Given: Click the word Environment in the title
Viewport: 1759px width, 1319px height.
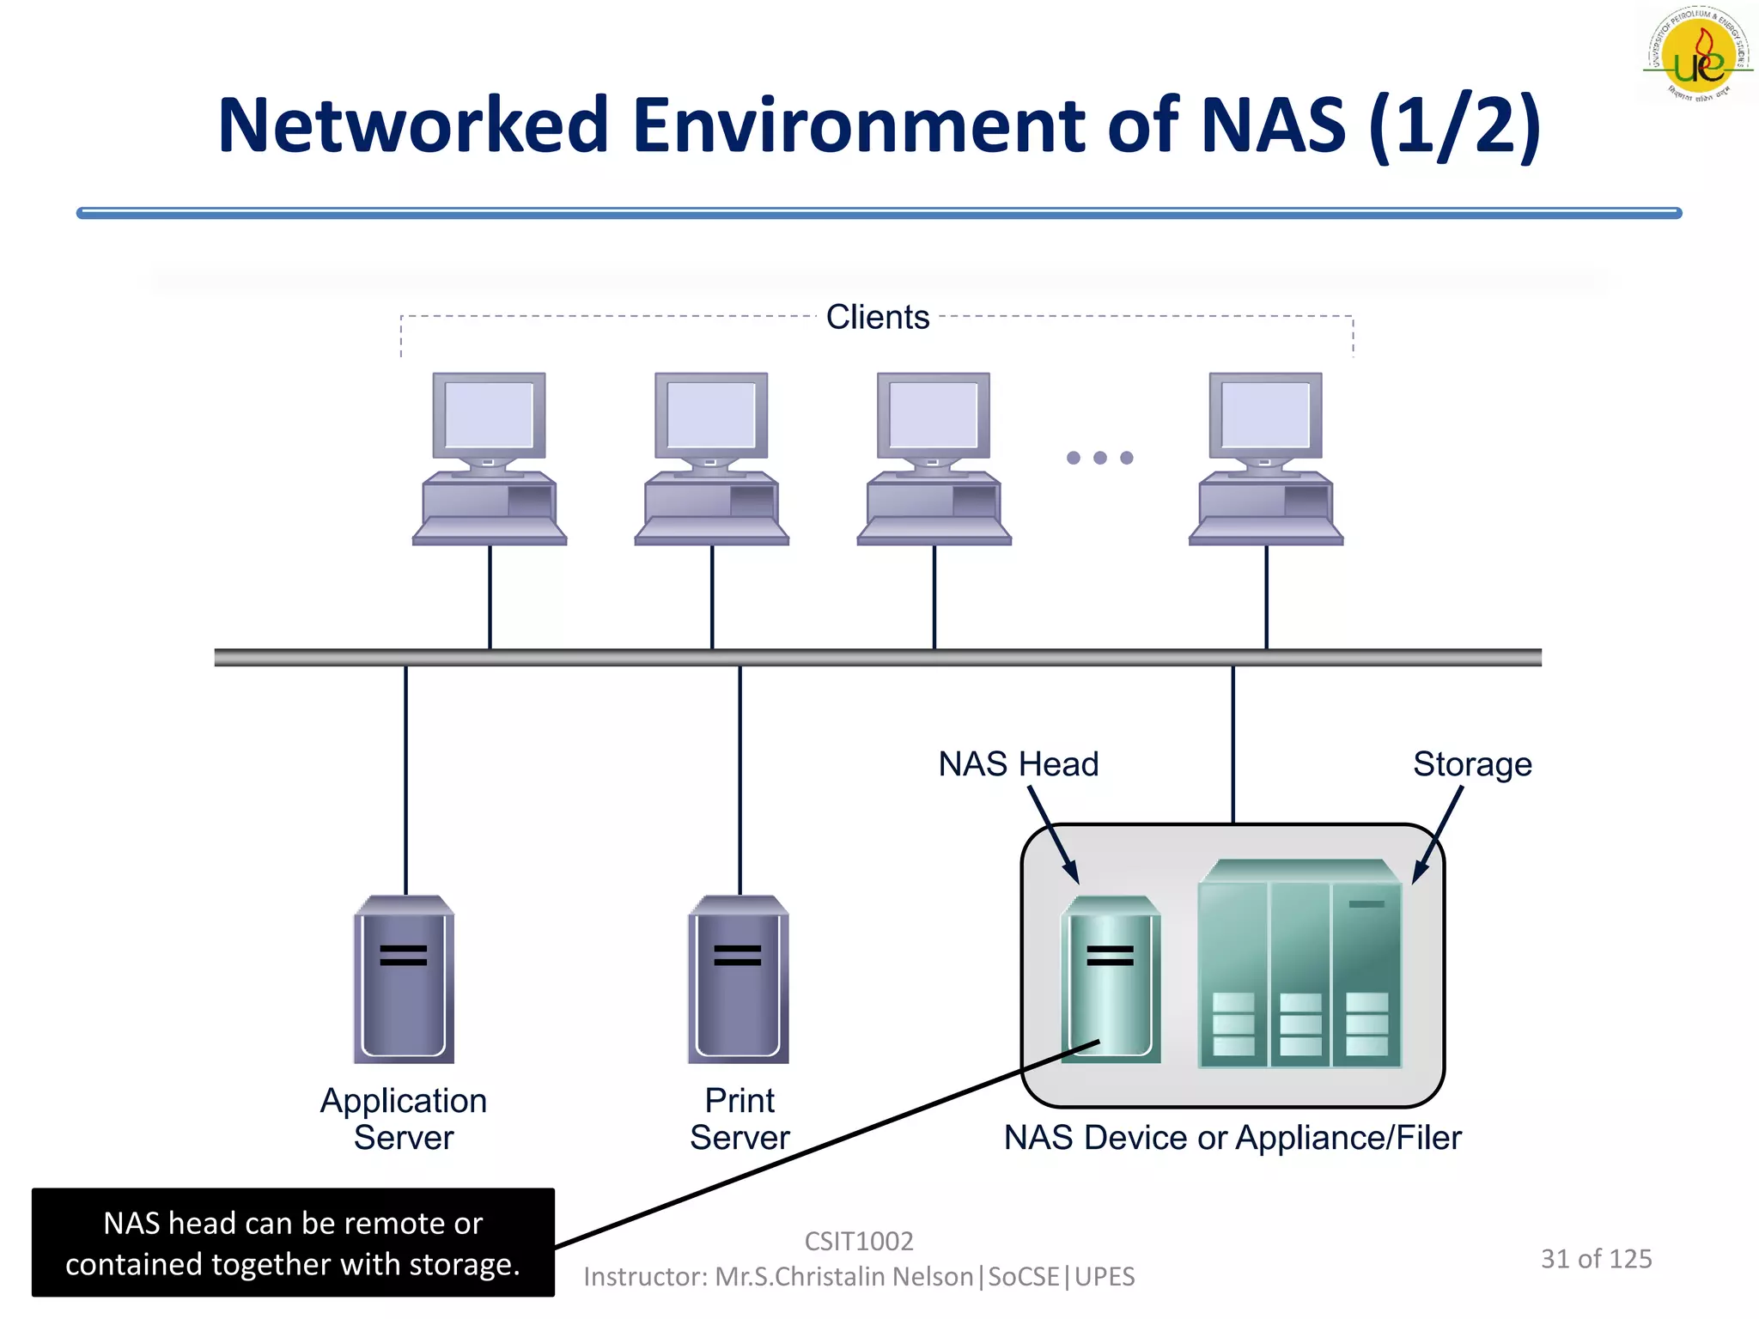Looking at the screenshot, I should [x=860, y=126].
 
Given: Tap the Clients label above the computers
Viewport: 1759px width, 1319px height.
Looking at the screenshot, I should [x=877, y=317].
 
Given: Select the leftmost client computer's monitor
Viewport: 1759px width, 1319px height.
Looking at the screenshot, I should [x=489, y=417].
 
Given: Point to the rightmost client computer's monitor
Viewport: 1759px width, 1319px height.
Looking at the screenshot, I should [x=1265, y=417].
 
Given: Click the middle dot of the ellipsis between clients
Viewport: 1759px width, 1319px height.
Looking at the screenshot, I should [x=1099, y=458].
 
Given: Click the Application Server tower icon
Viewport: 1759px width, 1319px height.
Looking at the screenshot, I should [x=404, y=980].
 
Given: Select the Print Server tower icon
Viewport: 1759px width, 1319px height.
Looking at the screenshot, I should [x=738, y=980].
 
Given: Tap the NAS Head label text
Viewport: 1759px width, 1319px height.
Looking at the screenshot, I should [x=1018, y=763].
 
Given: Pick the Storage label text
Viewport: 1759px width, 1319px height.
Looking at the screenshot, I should [x=1472, y=763].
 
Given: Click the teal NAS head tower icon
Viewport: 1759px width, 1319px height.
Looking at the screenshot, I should [x=1111, y=980].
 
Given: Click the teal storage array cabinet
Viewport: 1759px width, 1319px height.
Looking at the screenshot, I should [x=1299, y=966].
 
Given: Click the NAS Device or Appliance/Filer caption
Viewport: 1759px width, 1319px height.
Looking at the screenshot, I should [x=1232, y=1138].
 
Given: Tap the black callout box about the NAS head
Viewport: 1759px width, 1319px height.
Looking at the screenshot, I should [x=293, y=1243].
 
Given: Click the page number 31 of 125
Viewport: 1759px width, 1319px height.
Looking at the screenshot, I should [x=1596, y=1259].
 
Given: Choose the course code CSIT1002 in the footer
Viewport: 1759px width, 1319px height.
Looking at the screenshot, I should [x=858, y=1241].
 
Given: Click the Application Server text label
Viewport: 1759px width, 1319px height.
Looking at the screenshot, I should [x=404, y=1119].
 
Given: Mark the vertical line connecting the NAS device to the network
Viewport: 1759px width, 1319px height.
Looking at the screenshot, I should [x=1233, y=744].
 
